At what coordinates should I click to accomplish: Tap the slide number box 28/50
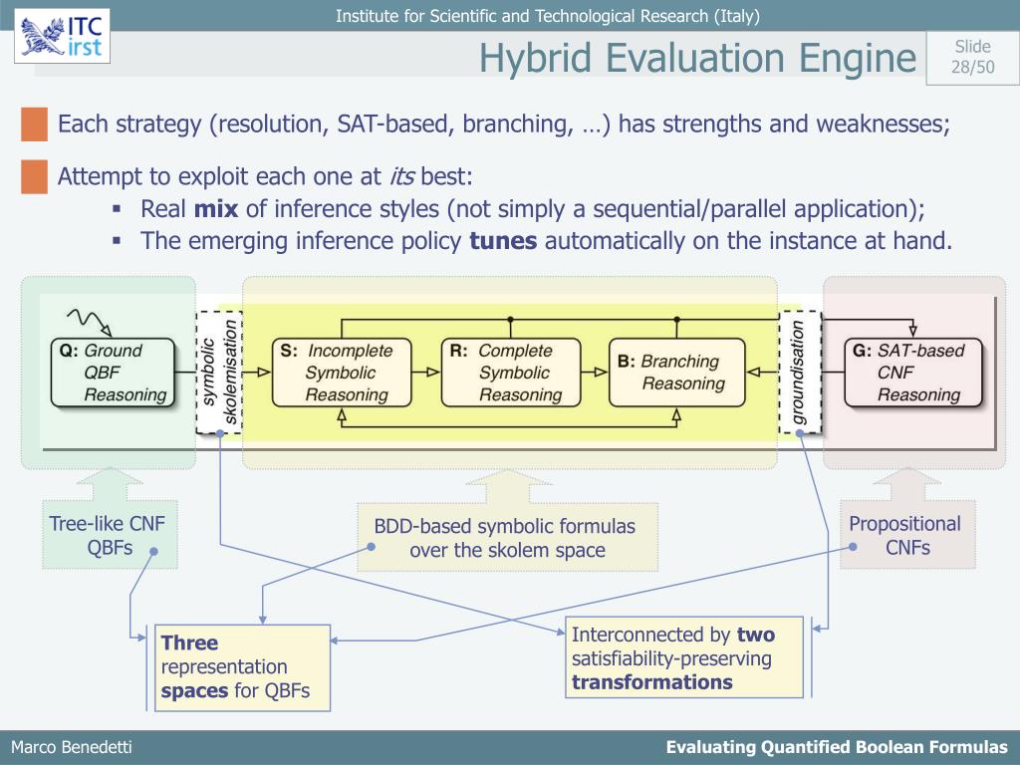972,57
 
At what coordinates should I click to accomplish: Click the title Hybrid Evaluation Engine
696,58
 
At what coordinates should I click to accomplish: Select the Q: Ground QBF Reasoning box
112,373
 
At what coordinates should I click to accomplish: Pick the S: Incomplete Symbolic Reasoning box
343,373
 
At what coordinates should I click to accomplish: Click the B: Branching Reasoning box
678,373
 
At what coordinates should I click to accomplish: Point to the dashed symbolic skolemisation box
219,373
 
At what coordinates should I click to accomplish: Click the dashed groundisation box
800,373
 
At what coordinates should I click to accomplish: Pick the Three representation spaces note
242,667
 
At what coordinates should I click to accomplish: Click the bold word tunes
503,241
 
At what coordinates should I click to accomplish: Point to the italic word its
400,177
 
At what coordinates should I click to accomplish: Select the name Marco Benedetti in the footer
71,748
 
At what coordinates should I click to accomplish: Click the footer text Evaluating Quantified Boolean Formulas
837,748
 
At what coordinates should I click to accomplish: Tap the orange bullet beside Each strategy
34,126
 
